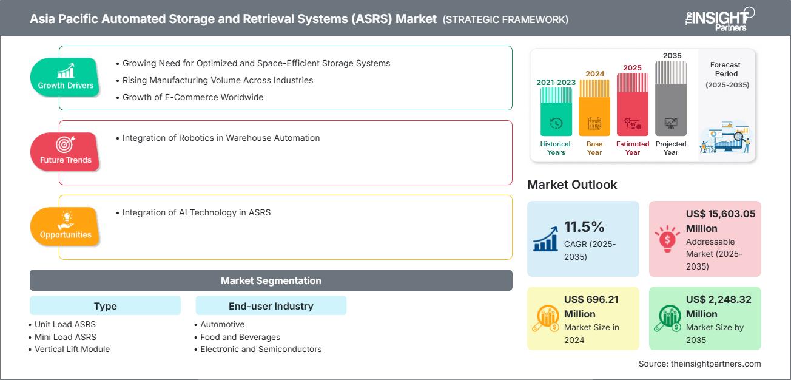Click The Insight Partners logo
[x=719, y=18]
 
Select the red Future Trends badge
[x=66, y=151]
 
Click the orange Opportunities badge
[x=66, y=226]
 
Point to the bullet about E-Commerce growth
[x=192, y=97]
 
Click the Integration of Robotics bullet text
[x=221, y=138]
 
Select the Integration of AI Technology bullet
[x=196, y=212]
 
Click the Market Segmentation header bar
[x=271, y=280]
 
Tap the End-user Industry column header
[x=271, y=306]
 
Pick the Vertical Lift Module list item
[x=72, y=349]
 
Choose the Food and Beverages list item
[x=240, y=337]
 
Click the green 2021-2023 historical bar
[x=556, y=112]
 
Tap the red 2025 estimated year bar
[x=633, y=104]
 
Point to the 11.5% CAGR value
[x=584, y=227]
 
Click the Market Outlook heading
[x=572, y=185]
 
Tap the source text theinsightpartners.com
[x=699, y=364]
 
